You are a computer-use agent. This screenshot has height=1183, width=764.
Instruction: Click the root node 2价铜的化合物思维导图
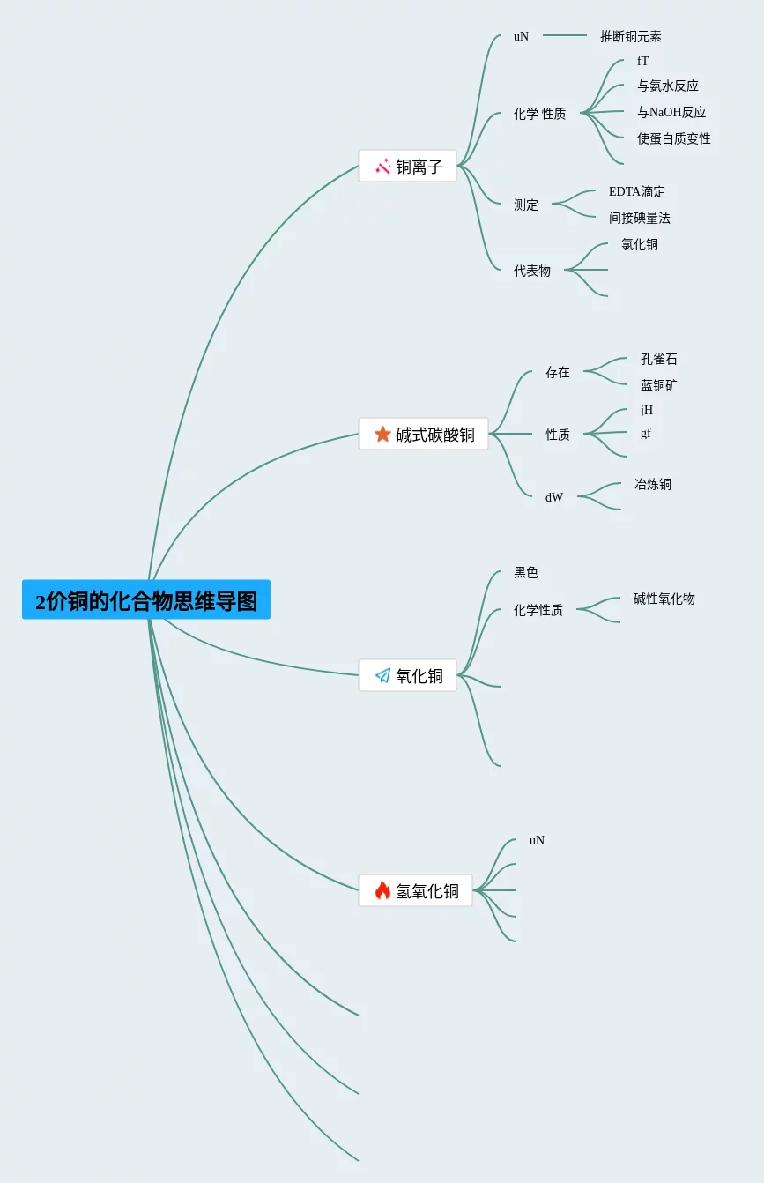click(x=146, y=600)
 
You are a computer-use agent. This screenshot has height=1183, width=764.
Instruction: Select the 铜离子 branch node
click(x=408, y=166)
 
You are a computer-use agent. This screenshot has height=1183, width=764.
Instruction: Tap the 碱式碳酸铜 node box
click(x=423, y=434)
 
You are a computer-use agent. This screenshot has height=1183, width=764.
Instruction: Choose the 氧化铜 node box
click(x=408, y=675)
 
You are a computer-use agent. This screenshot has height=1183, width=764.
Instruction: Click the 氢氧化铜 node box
click(x=415, y=890)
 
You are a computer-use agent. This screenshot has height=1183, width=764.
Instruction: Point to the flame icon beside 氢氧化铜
click(x=382, y=890)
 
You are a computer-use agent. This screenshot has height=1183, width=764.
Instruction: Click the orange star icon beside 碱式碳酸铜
click(x=382, y=434)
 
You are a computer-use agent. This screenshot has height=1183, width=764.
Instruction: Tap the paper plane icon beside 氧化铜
click(x=382, y=675)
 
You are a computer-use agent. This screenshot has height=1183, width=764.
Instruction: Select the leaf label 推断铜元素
click(x=631, y=36)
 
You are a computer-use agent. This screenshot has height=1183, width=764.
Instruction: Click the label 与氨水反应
click(x=668, y=86)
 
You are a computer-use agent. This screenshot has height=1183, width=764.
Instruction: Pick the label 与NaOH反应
click(x=671, y=112)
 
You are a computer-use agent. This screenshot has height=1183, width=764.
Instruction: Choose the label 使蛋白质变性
click(x=674, y=138)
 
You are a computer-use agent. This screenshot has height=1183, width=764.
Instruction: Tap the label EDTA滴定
click(x=637, y=191)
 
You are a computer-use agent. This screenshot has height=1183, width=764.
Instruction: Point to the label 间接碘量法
click(x=640, y=218)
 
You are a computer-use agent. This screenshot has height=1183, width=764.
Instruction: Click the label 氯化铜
click(x=640, y=244)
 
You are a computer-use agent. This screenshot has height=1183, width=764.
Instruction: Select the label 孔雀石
click(x=659, y=359)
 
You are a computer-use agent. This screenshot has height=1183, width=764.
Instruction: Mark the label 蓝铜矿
click(x=659, y=385)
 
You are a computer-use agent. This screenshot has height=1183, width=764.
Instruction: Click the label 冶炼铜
click(x=653, y=484)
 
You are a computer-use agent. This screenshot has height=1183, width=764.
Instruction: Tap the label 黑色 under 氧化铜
click(x=526, y=572)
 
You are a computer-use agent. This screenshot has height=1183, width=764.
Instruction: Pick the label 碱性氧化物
click(x=664, y=599)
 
